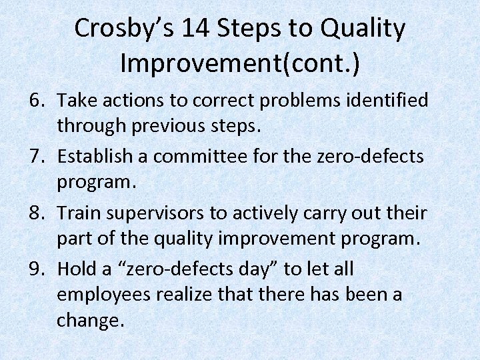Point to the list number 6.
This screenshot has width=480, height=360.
pos(37,101)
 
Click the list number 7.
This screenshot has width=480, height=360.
pos(37,157)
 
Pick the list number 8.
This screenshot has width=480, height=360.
pos(37,213)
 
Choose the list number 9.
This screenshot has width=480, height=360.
pos(37,269)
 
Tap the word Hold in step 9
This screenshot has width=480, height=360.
pos(76,269)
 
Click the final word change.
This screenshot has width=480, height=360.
pos(90,319)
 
